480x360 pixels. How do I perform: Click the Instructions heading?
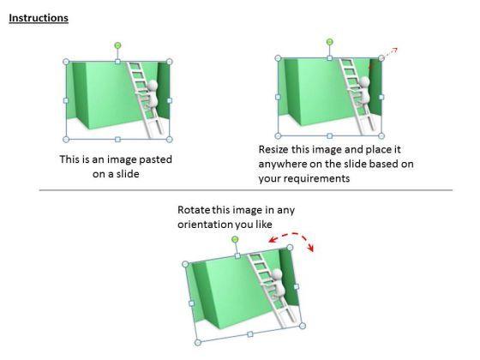click(x=39, y=18)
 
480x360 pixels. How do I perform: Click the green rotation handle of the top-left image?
click(x=117, y=45)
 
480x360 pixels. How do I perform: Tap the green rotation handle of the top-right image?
click(x=329, y=42)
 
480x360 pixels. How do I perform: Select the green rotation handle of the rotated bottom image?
click(x=235, y=239)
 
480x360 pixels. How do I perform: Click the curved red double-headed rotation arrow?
click(x=293, y=235)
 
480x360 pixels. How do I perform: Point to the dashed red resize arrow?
click(x=390, y=52)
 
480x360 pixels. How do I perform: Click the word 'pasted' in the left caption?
click(x=155, y=159)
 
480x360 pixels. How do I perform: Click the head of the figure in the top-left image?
click(x=153, y=85)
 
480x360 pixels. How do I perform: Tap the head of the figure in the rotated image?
click(x=276, y=273)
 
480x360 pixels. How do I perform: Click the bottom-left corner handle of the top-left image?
click(x=66, y=140)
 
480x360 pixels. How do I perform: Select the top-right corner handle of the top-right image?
click(x=381, y=58)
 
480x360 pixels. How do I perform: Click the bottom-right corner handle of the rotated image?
click(x=303, y=326)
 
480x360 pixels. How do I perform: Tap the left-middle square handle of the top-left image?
click(x=66, y=100)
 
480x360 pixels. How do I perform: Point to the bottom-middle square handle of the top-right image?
click(x=329, y=135)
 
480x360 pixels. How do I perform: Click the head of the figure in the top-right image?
click(x=364, y=81)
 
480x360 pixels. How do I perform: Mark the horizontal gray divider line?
click(x=246, y=190)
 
